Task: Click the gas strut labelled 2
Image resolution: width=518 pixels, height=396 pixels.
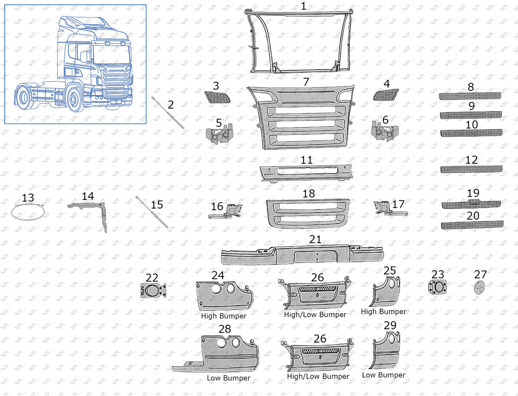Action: [168, 113]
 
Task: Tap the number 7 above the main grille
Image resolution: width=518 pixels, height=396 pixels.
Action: [306, 81]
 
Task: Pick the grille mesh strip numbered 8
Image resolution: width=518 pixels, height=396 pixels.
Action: [471, 96]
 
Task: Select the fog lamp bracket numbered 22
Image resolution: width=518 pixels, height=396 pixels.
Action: [152, 291]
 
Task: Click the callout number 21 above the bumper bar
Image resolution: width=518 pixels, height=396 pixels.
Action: [315, 240]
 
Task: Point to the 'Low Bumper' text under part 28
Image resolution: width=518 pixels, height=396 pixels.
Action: [228, 378]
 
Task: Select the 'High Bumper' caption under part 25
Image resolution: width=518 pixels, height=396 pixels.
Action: [383, 312]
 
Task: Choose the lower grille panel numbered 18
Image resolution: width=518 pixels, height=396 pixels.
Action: [308, 213]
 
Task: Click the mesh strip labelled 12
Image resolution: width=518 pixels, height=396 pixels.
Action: [471, 169]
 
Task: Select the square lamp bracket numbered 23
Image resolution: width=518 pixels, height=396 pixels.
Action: [438, 287]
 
